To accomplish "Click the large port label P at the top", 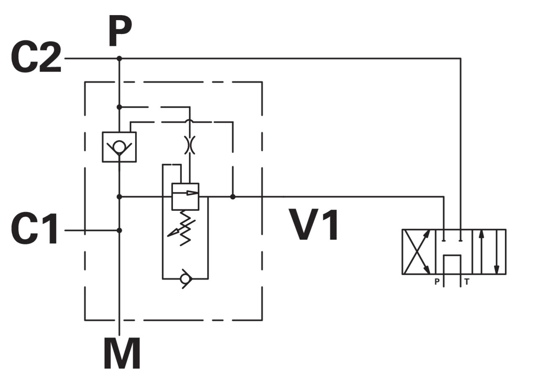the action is click(120, 31).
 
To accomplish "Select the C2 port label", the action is click(36, 57).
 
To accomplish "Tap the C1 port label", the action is click(34, 229).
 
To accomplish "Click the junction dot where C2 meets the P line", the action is click(119, 58).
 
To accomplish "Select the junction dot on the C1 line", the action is click(119, 230).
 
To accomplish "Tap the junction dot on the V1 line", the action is click(233, 197).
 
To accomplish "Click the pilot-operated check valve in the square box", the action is click(119, 147).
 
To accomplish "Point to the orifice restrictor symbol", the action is click(190, 145).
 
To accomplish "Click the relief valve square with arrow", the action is click(186, 197).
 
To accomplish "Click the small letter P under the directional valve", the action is click(437, 282).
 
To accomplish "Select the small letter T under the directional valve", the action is click(466, 282).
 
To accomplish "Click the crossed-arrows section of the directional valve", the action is click(418, 252).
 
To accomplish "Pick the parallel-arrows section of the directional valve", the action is click(489, 252).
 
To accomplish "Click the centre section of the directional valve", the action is click(454, 252).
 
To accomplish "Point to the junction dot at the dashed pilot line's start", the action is click(119, 107).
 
